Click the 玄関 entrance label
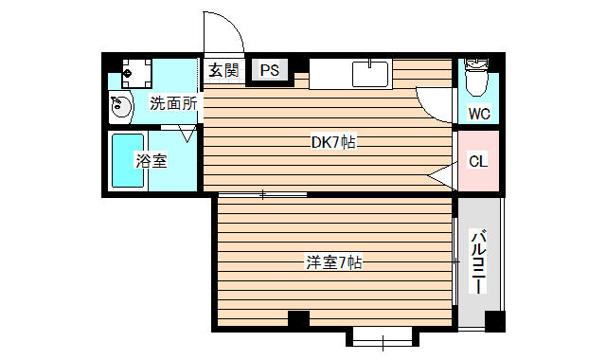pos(224,70)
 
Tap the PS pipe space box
pos(270,70)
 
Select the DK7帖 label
pos(333,143)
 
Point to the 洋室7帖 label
pos(333,261)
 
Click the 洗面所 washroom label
pos(173,103)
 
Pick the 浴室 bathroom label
pos(151,161)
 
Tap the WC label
pos(479,115)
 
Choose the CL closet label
pos(479,161)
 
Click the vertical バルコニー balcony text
pos(479,261)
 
